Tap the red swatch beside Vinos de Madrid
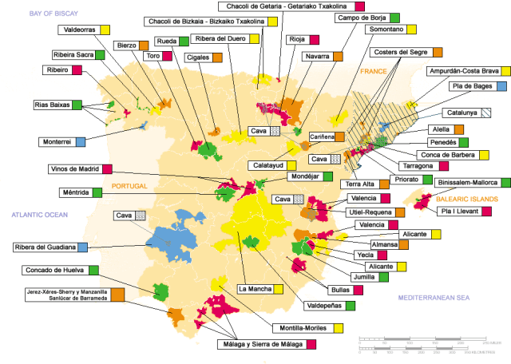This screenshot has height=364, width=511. [107, 168]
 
